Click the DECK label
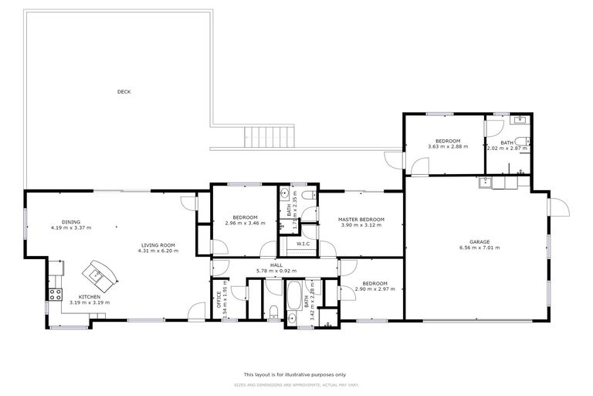point(124,92)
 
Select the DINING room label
point(71,222)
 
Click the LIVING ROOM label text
point(158,245)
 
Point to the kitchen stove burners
point(56,294)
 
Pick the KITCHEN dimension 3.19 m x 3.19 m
point(89,302)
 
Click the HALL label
point(276,265)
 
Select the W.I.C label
point(303,244)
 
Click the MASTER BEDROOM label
point(361,220)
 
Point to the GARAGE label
point(479,242)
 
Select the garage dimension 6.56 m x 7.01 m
point(479,248)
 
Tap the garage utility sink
point(486,183)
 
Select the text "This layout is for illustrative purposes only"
point(296,374)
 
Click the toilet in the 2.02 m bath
point(524,142)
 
